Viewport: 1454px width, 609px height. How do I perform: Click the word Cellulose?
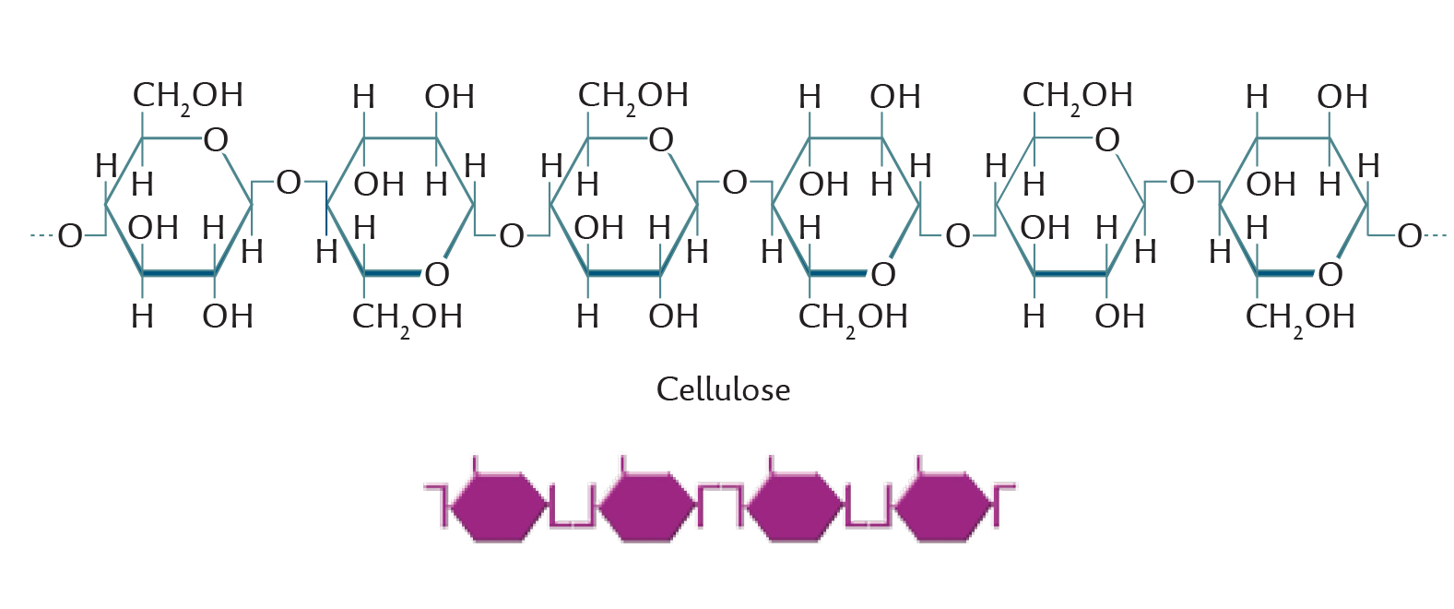(x=723, y=389)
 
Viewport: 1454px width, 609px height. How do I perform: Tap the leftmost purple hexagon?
(x=498, y=507)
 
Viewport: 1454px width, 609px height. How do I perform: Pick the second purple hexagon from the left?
(x=645, y=507)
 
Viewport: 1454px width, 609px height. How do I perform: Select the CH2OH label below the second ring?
(x=408, y=319)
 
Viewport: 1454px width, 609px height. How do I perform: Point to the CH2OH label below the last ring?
(x=1300, y=319)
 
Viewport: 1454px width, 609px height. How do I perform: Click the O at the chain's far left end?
(x=70, y=236)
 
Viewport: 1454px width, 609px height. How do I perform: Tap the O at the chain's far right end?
(x=1409, y=236)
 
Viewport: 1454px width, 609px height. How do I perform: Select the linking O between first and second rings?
(x=289, y=184)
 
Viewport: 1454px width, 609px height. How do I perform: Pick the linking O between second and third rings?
(x=512, y=236)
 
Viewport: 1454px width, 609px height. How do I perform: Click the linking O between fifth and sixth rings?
(x=1181, y=184)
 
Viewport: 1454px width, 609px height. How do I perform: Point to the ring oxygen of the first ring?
(x=216, y=140)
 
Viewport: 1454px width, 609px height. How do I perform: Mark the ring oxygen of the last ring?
(x=1330, y=275)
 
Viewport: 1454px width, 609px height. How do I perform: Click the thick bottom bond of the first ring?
(x=179, y=274)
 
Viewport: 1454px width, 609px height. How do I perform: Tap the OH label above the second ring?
(x=449, y=98)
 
